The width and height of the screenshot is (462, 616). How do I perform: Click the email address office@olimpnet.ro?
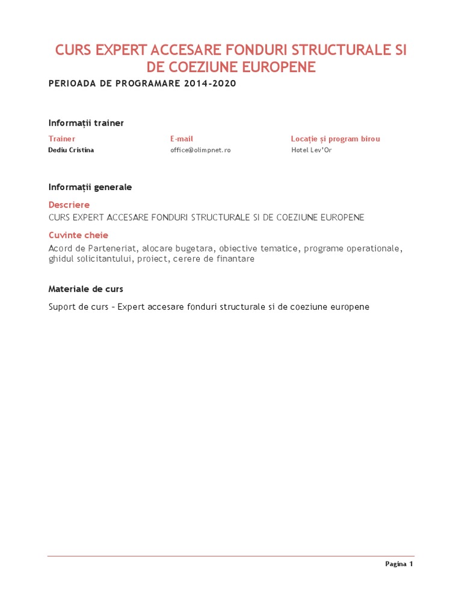coord(200,150)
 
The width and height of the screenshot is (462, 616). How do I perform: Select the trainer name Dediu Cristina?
coord(71,150)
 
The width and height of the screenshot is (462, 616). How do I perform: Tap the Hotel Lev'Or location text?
coord(311,150)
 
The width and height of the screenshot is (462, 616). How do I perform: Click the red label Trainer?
coord(62,139)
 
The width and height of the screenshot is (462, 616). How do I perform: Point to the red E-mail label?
coord(182,139)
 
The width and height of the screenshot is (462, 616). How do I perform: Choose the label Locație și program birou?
coord(335,139)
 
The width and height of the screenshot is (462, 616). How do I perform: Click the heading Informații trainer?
coord(86,123)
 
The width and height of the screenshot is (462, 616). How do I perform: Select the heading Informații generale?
coord(90,187)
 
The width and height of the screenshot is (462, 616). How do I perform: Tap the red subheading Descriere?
coord(69,205)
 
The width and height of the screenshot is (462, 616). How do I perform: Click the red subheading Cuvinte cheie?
coord(78,235)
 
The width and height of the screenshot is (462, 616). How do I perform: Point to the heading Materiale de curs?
coord(86,289)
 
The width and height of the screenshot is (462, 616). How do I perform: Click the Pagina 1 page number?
coord(399,564)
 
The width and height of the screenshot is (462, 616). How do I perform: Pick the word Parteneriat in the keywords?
coord(112,248)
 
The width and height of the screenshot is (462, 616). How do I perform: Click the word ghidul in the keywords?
coord(61,259)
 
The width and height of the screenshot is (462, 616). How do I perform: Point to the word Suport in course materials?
coord(63,307)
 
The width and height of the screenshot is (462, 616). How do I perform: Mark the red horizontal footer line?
coord(231,556)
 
